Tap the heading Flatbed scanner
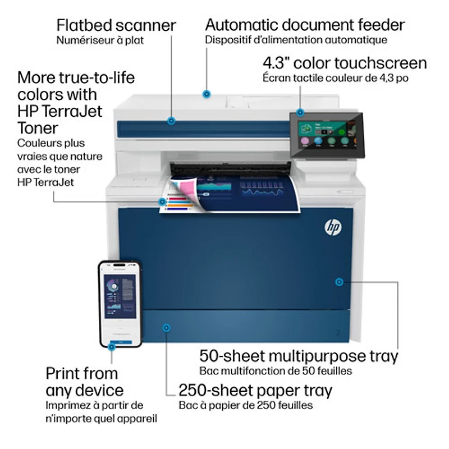point(116,25)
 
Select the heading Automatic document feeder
point(305,25)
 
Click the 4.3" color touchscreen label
point(345,63)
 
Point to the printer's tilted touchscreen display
point(327,135)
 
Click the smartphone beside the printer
point(120,304)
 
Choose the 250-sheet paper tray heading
point(255,390)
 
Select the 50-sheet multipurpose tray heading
point(299,356)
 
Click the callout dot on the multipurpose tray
point(338,281)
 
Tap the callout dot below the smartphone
point(112,347)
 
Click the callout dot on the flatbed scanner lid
point(172,120)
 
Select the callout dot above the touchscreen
point(300,112)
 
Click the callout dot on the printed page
point(163,201)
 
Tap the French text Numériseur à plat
point(99,40)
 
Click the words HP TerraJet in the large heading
point(60,111)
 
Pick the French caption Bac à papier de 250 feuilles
point(246,405)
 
